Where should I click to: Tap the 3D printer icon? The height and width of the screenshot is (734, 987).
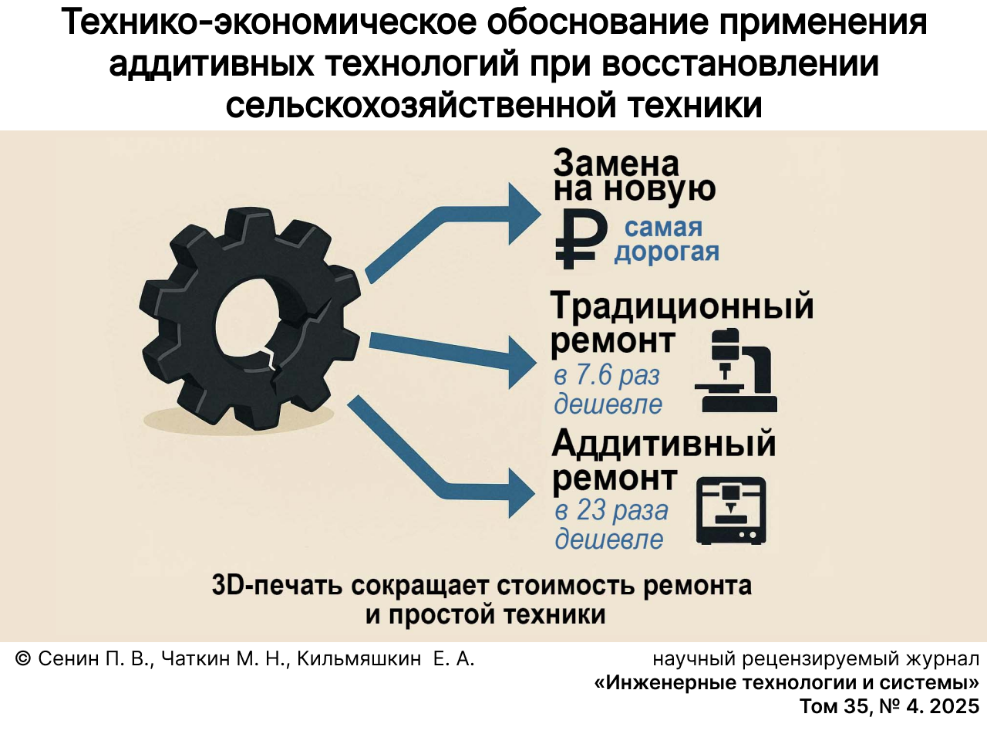[x=731, y=511]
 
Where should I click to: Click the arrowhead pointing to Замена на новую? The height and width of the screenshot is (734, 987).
[x=524, y=214]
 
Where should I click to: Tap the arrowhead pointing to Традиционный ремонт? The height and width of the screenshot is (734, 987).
[x=521, y=363]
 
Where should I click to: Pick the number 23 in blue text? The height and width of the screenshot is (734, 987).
[x=591, y=510]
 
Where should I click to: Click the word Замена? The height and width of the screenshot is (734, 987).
[x=616, y=164]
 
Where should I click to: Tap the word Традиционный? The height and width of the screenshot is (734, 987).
[x=682, y=307]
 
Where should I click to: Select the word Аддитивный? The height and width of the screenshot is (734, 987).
[x=663, y=444]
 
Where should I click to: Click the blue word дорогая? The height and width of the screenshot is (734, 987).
[x=666, y=252]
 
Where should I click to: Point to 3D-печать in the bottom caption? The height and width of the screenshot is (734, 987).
[x=277, y=585]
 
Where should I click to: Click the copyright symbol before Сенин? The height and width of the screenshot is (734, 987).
[x=22, y=658]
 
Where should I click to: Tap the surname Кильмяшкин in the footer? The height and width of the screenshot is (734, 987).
[x=359, y=658]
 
